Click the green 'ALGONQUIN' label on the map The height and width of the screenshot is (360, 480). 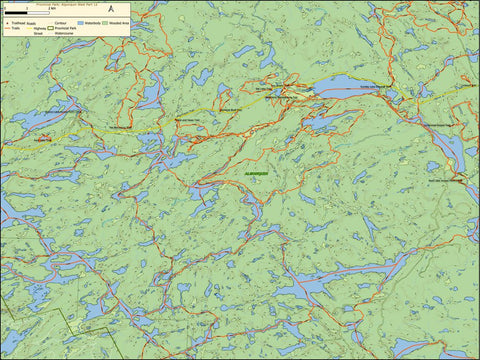coord(258,172)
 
